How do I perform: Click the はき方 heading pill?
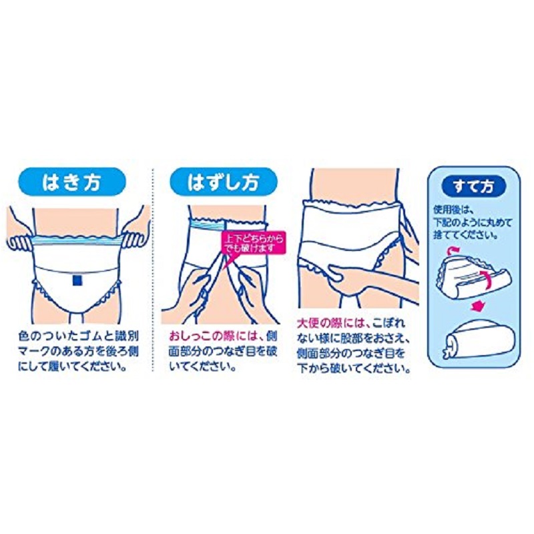(71, 182)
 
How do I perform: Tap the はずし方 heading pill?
(224, 182)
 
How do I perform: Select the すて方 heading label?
(474, 187)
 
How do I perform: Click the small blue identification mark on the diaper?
(77, 280)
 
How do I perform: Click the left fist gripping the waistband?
(21, 240)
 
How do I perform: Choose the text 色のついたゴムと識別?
(79, 336)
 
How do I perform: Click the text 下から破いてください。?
(354, 368)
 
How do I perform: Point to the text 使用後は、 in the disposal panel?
(452, 209)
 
